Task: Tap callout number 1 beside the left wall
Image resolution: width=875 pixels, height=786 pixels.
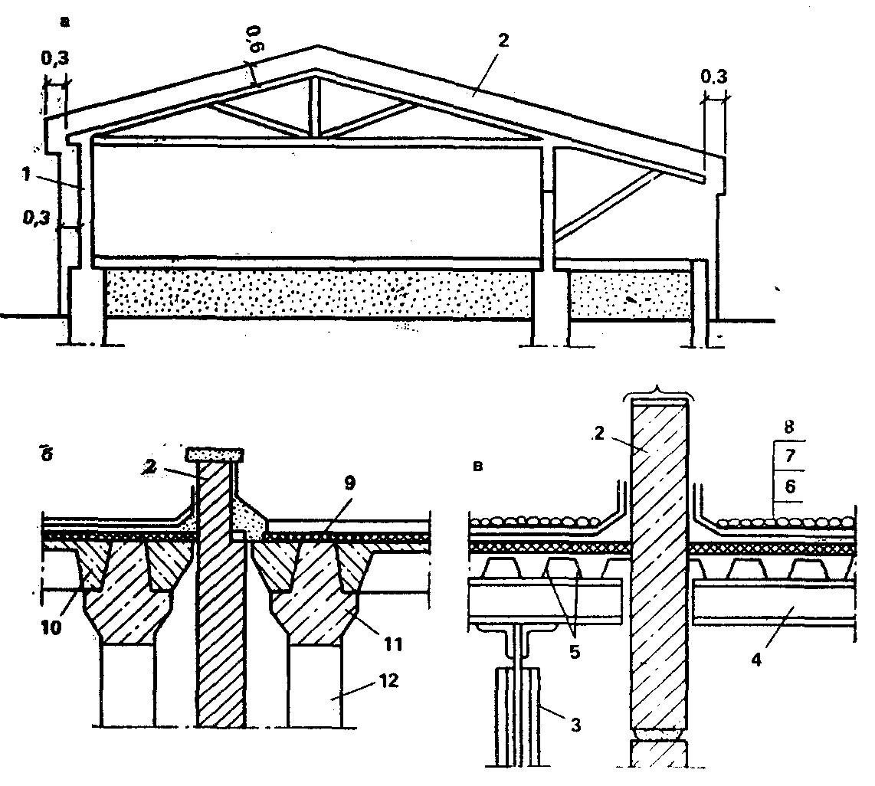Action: [26, 174]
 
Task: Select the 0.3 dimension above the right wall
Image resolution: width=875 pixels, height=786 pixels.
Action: [714, 77]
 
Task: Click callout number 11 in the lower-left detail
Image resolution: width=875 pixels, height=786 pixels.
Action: [393, 644]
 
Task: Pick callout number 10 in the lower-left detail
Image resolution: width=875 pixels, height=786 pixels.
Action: [51, 627]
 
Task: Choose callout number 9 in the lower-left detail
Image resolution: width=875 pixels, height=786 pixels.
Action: [350, 483]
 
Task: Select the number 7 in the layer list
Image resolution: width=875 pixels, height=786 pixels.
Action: [790, 457]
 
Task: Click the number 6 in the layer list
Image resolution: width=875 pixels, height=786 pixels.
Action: [790, 486]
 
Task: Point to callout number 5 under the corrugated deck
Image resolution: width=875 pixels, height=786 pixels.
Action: [575, 652]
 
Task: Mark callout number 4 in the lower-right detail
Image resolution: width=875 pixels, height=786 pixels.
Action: [756, 660]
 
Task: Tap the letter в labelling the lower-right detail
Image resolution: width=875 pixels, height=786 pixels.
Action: [477, 466]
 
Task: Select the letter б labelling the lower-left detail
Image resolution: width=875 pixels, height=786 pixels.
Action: [47, 454]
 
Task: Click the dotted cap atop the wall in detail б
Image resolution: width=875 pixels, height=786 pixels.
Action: [215, 454]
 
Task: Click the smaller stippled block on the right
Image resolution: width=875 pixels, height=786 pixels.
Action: [630, 295]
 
